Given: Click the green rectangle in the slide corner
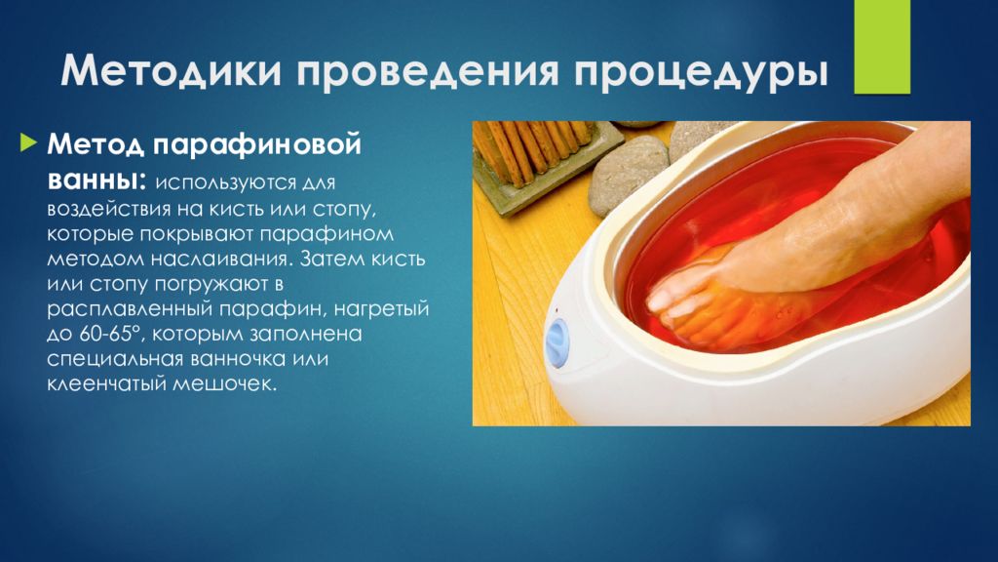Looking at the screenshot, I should pyautogui.click(x=881, y=47).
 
